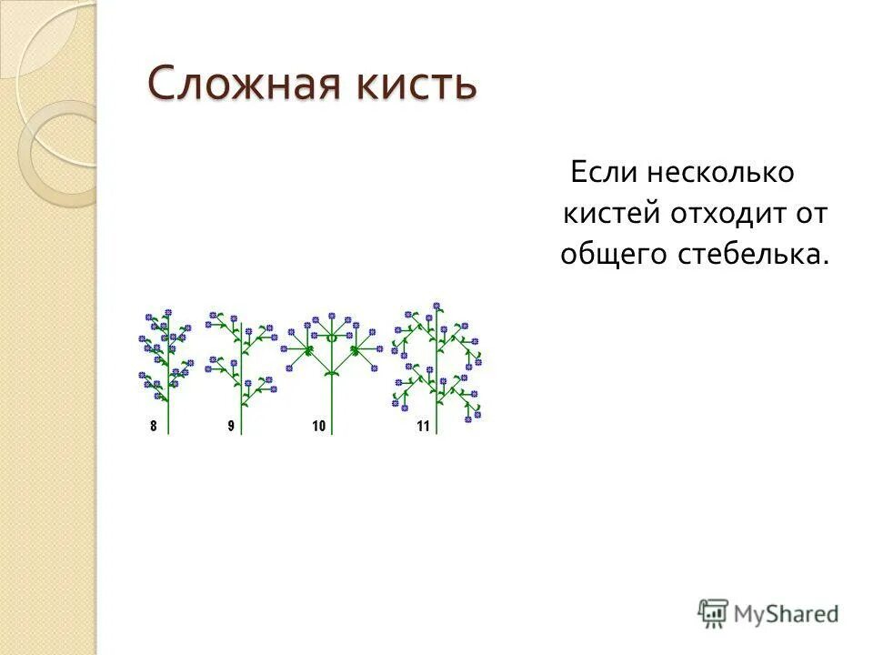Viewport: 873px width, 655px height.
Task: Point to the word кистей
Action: tap(611, 214)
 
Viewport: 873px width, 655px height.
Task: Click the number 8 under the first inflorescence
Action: tap(154, 426)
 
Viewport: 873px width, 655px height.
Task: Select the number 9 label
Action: tap(231, 426)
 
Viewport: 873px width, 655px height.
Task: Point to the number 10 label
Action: tap(318, 426)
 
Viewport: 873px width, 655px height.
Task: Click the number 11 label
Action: tap(423, 426)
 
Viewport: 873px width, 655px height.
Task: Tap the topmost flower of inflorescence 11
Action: tap(437, 307)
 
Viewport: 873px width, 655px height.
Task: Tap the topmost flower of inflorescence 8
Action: tap(168, 314)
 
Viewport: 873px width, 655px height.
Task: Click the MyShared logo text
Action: tap(786, 613)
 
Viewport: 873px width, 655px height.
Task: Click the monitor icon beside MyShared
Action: tap(713, 613)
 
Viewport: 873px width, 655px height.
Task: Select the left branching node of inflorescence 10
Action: tap(308, 348)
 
